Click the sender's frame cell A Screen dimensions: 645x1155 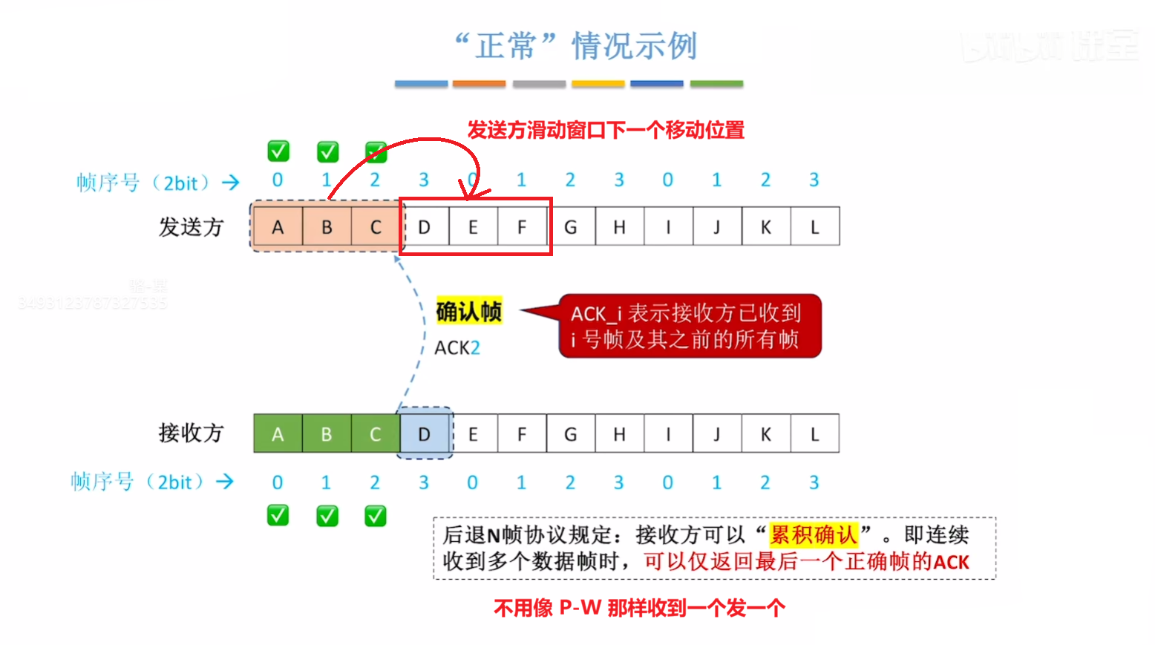278,227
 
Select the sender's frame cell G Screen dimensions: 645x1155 570,227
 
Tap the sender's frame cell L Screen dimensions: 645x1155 814,227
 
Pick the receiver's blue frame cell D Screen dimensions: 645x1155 424,434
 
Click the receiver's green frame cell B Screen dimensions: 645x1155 327,434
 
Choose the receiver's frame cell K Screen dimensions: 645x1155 765,434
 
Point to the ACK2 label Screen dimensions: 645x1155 457,347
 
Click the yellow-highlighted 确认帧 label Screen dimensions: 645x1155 468,312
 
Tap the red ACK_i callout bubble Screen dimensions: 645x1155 689,327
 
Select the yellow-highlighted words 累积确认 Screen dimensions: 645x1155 814,534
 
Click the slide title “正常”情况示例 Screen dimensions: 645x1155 576,46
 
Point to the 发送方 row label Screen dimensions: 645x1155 191,227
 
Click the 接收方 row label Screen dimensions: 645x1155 191,433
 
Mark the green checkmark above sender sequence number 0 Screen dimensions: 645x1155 278,151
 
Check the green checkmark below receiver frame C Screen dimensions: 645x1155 376,515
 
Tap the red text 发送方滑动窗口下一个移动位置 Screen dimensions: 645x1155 606,131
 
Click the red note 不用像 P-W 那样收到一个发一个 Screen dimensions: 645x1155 639,609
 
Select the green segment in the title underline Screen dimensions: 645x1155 716,84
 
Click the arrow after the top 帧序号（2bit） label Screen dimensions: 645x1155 231,183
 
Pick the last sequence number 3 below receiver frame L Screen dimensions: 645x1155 814,482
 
